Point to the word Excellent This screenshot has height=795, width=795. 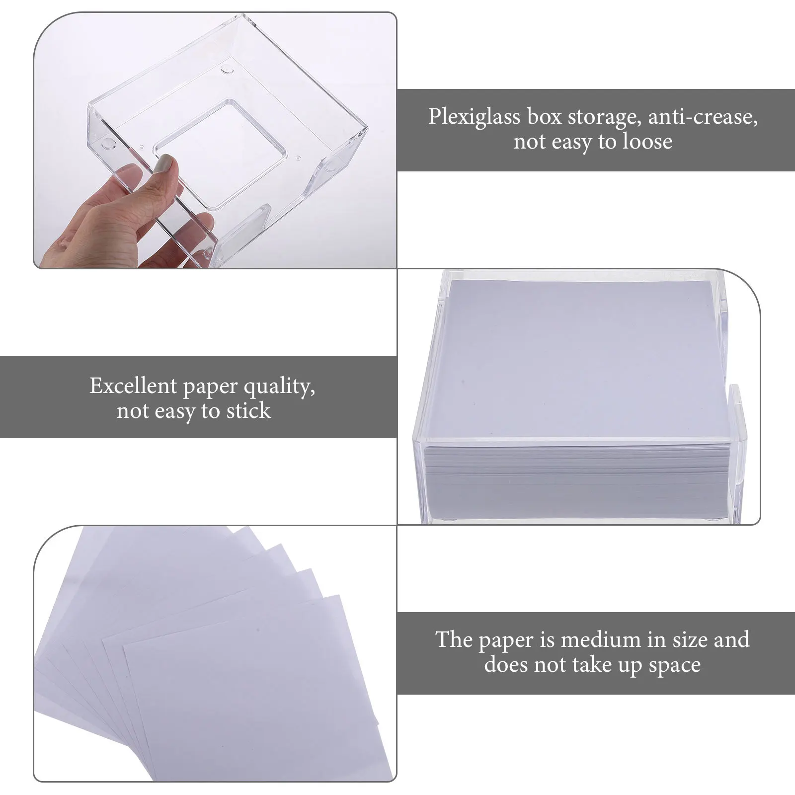click(133, 386)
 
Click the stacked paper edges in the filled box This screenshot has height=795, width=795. click(571, 477)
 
